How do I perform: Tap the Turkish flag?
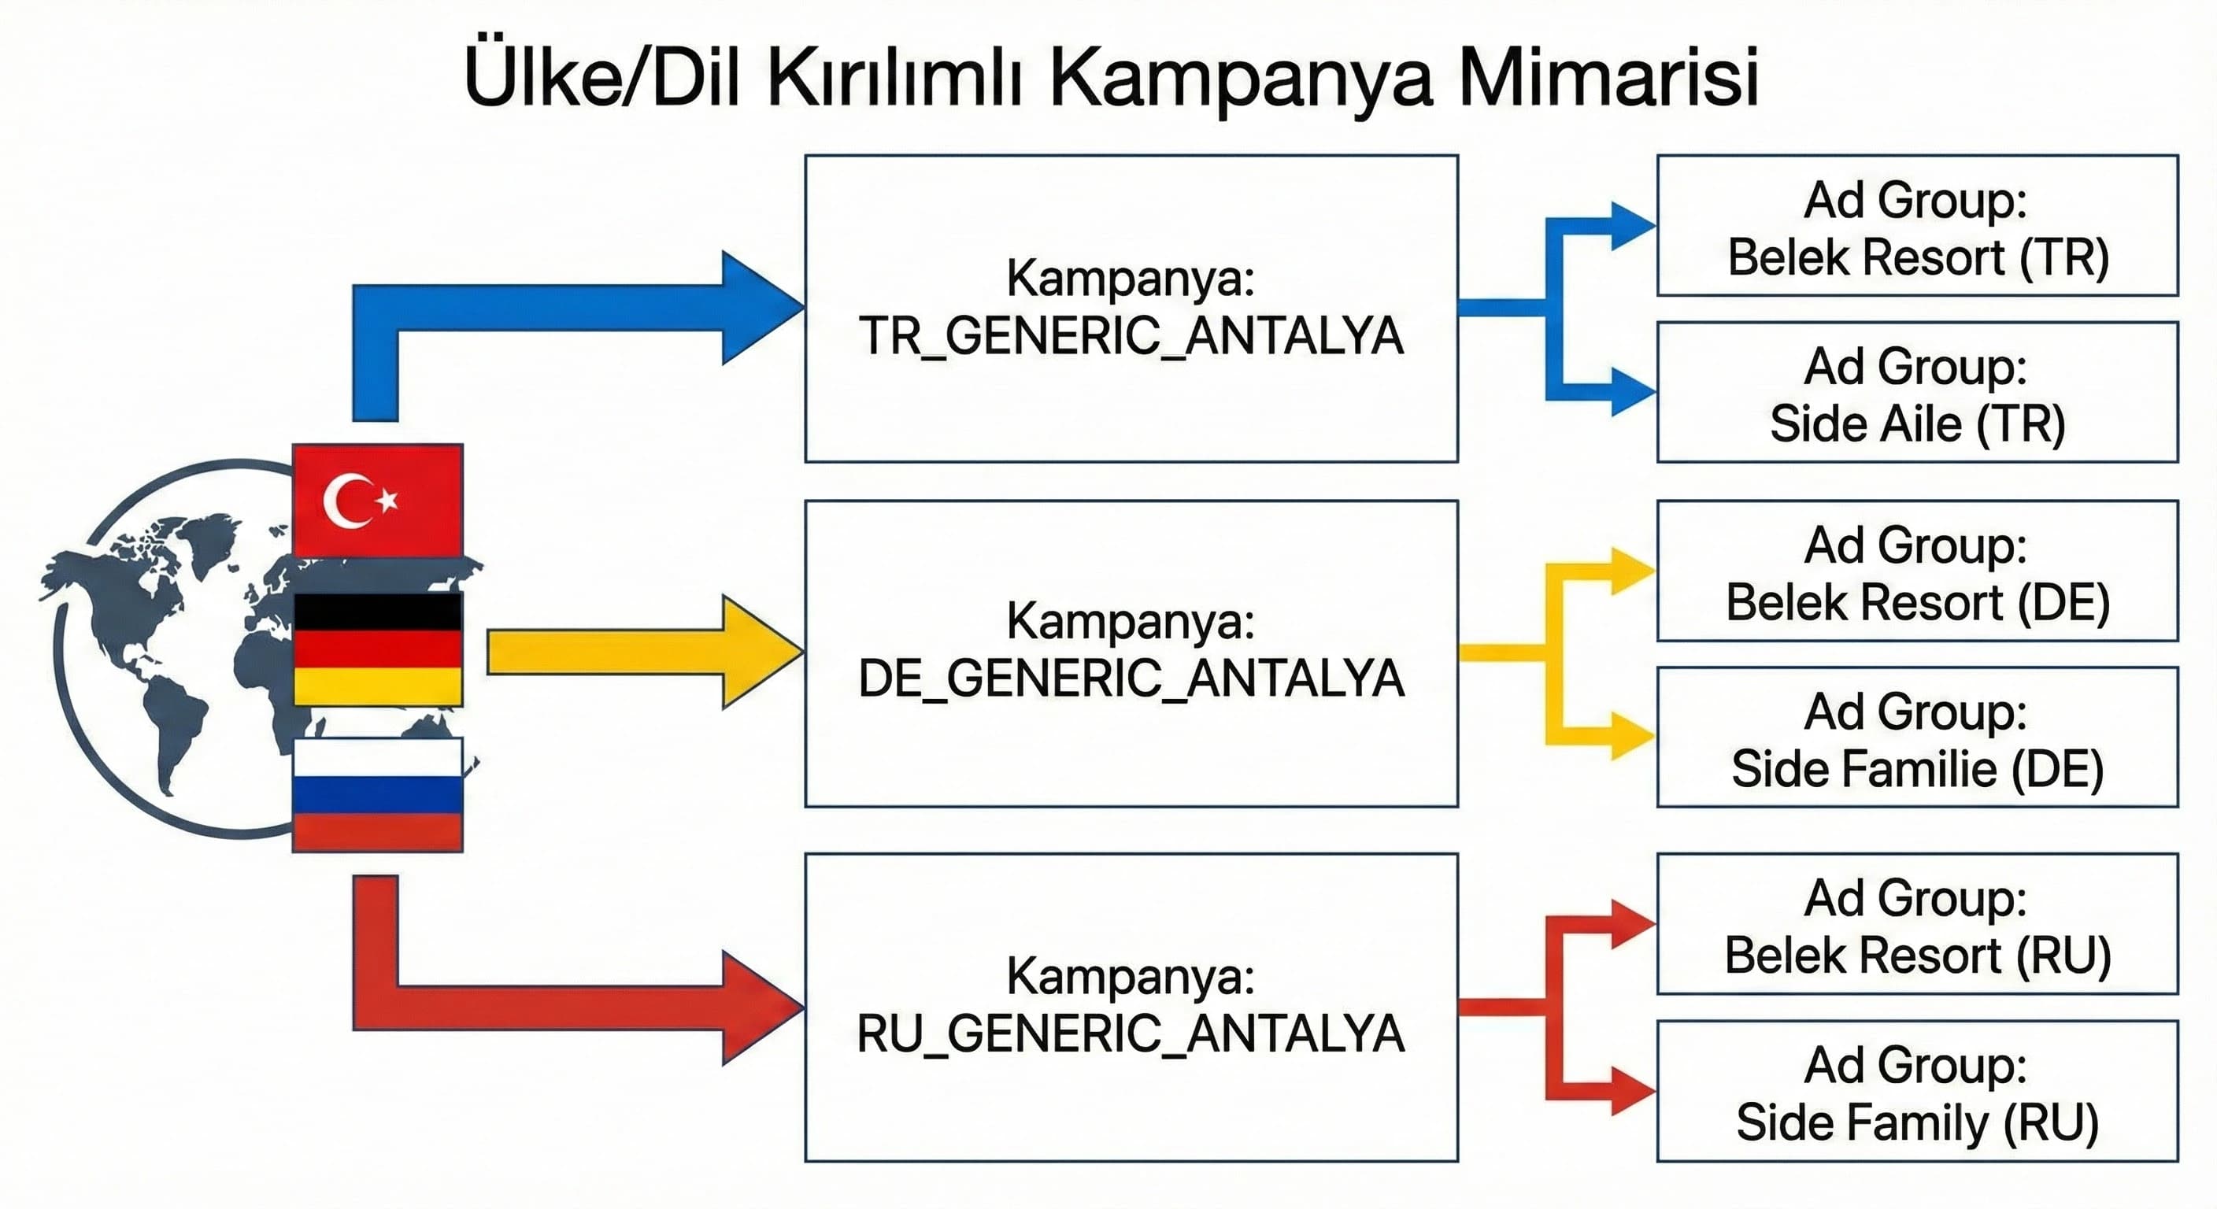(x=377, y=501)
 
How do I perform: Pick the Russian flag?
(x=377, y=794)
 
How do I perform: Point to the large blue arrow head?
(x=757, y=307)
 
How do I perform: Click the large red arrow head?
(x=757, y=1007)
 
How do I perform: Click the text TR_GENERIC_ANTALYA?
(x=1130, y=336)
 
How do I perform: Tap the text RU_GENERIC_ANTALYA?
(x=1130, y=1033)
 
